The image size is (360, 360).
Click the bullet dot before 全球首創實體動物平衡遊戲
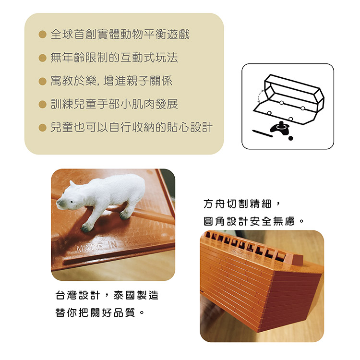click(42, 35)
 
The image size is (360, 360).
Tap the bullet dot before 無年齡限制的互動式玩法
click(42, 58)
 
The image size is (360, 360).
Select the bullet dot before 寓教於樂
click(42, 81)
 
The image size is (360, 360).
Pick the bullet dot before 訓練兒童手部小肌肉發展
click(42, 104)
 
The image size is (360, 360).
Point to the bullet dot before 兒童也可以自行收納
click(42, 127)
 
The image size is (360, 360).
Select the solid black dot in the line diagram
click(290, 138)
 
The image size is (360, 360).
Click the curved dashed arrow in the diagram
click(259, 96)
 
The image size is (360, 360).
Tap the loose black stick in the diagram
click(262, 133)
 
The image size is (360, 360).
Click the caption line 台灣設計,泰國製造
click(107, 295)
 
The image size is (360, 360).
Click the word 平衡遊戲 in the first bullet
click(167, 35)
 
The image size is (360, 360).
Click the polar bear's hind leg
click(127, 210)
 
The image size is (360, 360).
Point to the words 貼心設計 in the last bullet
click(190, 127)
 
